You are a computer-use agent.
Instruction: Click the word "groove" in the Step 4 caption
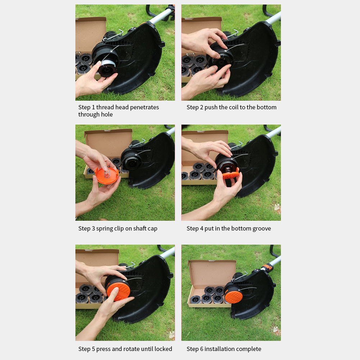click(262, 228)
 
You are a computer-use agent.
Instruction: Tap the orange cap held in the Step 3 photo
click(107, 176)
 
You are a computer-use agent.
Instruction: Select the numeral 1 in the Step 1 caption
click(93, 107)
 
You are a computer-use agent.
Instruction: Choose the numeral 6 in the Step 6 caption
click(201, 349)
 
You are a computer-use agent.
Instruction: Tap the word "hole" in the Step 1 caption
click(107, 114)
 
